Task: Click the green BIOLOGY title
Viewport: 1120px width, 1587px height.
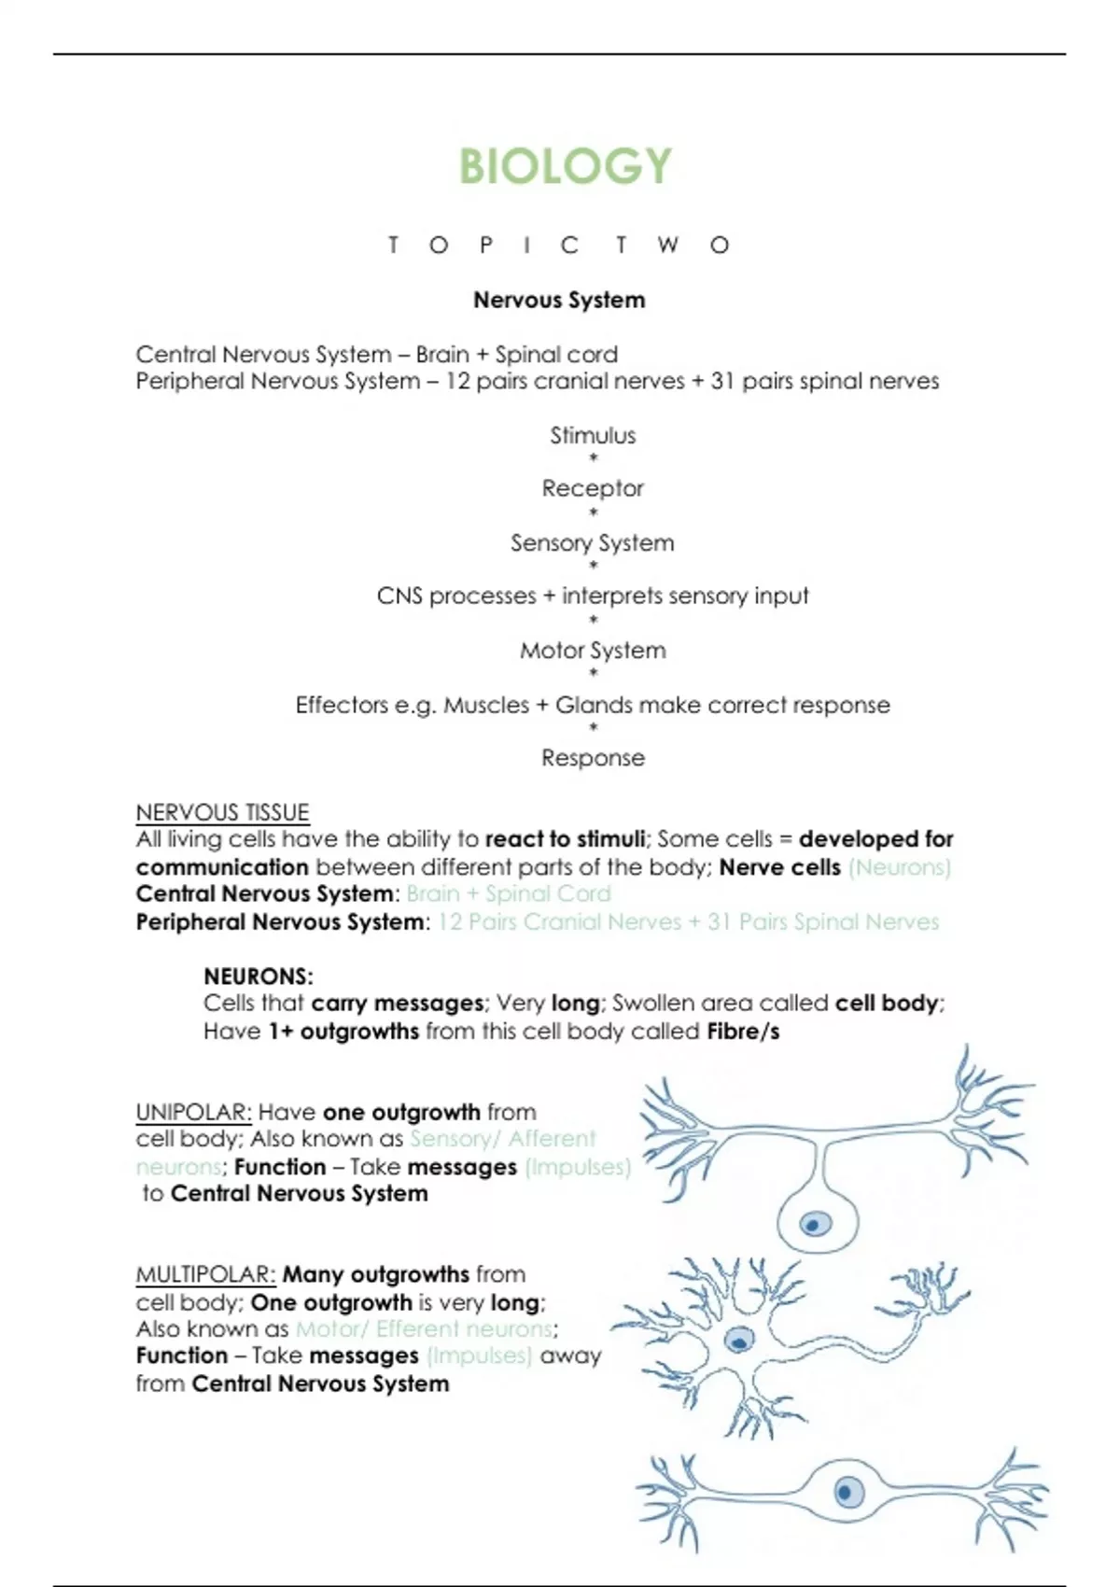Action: coord(565,166)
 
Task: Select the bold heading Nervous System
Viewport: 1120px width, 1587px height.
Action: coord(559,300)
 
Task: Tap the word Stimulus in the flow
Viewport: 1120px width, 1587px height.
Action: coord(593,435)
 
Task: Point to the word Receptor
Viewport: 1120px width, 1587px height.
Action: coord(593,488)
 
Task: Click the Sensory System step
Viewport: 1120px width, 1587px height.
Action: coord(592,542)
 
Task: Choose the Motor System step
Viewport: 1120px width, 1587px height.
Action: coord(593,650)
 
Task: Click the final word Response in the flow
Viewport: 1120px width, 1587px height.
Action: coord(593,757)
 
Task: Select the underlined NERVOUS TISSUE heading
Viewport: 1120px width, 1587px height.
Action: coord(222,812)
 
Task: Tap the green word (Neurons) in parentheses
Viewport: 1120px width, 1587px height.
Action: coord(899,867)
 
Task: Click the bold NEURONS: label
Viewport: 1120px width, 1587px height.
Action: coord(259,976)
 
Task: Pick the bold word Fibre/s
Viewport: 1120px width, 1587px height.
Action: coord(743,1032)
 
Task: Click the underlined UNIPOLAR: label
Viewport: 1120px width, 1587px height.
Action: coord(193,1112)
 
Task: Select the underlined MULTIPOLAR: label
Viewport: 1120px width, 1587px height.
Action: coord(205,1274)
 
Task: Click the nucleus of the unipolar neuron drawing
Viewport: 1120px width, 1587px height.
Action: coord(816,1223)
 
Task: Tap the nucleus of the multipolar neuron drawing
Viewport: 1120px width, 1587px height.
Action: coord(740,1341)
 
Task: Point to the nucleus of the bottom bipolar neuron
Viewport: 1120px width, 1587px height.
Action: coord(847,1491)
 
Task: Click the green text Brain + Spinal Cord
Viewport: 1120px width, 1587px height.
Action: coord(509,893)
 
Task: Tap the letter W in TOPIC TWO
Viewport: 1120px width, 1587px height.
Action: coord(667,245)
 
